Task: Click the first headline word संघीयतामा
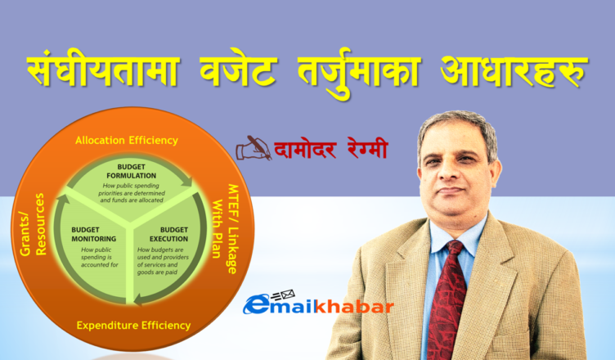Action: click(104, 70)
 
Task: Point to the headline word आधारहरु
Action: click(514, 71)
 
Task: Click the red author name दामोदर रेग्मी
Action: click(330, 148)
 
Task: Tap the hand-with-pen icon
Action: click(254, 148)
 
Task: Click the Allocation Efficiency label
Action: click(127, 141)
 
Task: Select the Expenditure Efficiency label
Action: click(133, 326)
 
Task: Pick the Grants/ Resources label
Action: click(33, 224)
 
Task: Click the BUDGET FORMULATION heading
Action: click(132, 171)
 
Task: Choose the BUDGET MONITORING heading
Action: click(94, 234)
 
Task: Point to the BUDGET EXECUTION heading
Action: click(168, 234)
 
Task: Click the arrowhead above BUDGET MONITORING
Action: click(64, 200)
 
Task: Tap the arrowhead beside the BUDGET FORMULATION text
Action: click(187, 181)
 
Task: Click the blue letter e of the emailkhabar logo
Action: click(257, 304)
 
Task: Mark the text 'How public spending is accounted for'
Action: click(100, 257)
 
